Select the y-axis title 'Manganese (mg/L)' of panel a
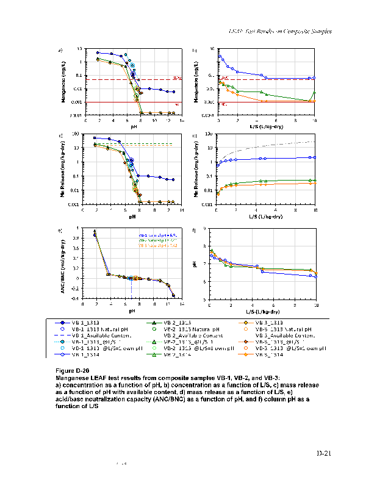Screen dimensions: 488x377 63,82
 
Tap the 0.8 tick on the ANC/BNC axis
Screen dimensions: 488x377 81,239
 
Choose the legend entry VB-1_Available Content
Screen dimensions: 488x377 82,335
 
